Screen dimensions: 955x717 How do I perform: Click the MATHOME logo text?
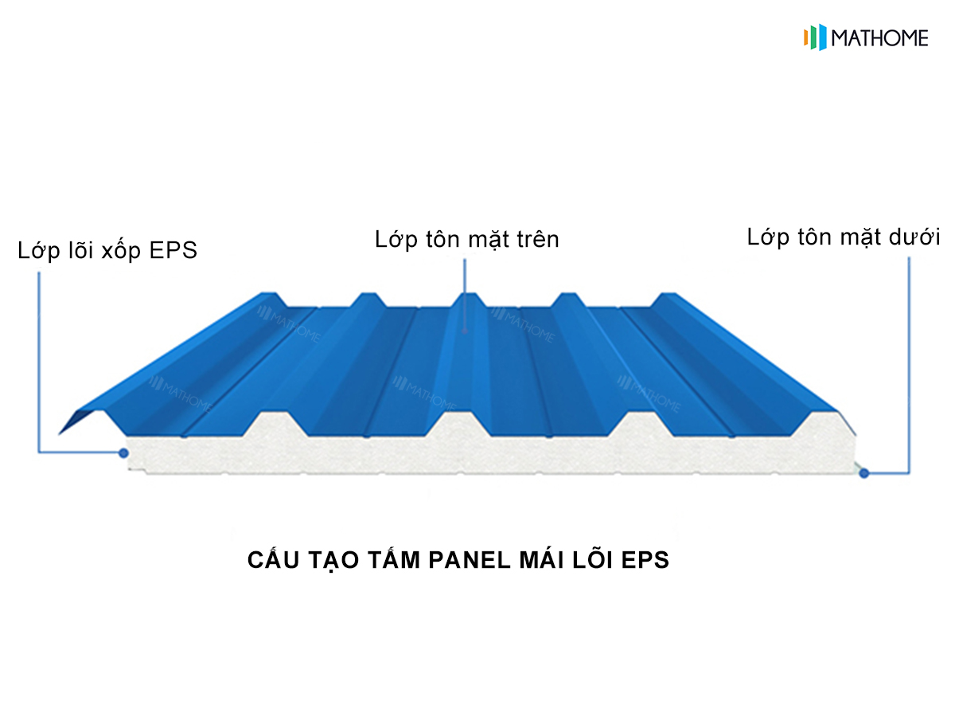879,38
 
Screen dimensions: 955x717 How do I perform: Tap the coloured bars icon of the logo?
815,37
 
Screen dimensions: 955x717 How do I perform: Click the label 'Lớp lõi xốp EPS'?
107,251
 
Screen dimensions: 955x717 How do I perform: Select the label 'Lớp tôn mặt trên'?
467,241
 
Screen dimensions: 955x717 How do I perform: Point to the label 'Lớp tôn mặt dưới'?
843,237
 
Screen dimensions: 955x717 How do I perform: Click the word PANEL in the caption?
470,560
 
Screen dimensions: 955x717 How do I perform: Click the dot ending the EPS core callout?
123,453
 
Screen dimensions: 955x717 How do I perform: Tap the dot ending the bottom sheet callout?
864,473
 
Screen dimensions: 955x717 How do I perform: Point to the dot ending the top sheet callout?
465,331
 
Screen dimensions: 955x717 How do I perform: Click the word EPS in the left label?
173,250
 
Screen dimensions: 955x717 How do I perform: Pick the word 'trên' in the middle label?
538,239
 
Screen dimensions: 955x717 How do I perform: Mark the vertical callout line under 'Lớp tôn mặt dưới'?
909,365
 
